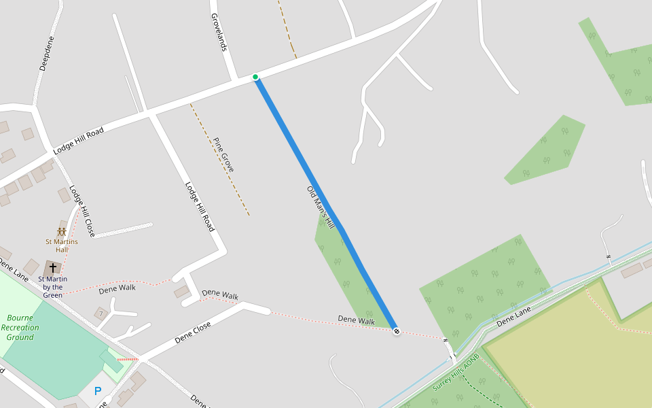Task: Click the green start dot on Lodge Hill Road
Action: (x=255, y=77)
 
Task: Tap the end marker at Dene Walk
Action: (x=396, y=331)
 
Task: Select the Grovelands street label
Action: (x=218, y=32)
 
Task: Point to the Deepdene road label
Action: (x=46, y=54)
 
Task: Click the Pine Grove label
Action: (x=223, y=154)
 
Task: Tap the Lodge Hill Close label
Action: (x=82, y=211)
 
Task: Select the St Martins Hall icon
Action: (x=61, y=232)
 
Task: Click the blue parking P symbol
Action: (x=98, y=391)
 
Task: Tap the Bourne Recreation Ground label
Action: (x=20, y=327)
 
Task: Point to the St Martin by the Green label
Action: (x=52, y=287)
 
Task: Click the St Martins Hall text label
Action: (x=61, y=245)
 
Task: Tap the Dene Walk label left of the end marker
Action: (x=356, y=321)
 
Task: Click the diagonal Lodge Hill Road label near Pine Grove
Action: (x=200, y=207)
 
